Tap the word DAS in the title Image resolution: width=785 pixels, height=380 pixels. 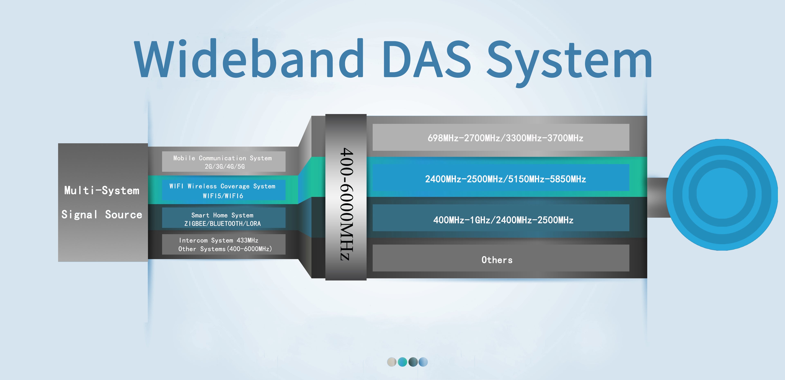427,58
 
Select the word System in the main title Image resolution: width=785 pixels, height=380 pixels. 570,63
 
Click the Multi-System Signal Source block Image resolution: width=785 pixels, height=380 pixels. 103,202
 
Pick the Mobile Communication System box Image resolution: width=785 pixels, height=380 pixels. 224,161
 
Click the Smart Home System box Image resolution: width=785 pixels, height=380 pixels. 224,217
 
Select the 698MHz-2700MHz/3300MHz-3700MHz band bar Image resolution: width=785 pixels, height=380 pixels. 501,137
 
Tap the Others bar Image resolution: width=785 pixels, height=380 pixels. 501,258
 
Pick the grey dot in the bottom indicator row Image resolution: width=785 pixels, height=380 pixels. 392,362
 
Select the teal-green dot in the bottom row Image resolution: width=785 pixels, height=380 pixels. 403,362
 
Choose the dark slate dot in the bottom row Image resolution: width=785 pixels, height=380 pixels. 413,362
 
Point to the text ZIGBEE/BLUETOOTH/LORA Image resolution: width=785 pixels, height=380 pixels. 222,223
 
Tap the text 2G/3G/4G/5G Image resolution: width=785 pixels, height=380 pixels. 225,166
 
